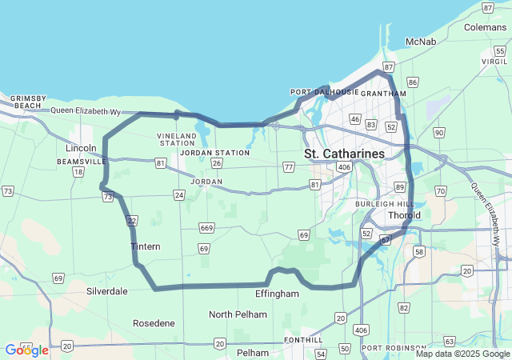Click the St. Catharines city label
pyautogui.click(x=344, y=153)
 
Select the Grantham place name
pyautogui.click(x=378, y=93)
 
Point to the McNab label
pyautogui.click(x=420, y=41)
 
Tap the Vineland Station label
pyautogui.click(x=177, y=140)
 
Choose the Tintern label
pyautogui.click(x=145, y=246)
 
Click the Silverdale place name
pyautogui.click(x=106, y=291)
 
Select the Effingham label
pyautogui.click(x=277, y=294)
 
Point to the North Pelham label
pyautogui.click(x=238, y=314)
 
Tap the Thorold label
pyautogui.click(x=404, y=216)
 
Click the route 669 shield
pyautogui.click(x=207, y=228)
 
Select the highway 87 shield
pyautogui.click(x=389, y=66)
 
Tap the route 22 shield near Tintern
pyautogui.click(x=133, y=220)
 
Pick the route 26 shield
pyautogui.click(x=216, y=164)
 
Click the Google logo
pyautogui.click(x=26, y=350)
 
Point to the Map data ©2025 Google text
pyautogui.click(x=462, y=354)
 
